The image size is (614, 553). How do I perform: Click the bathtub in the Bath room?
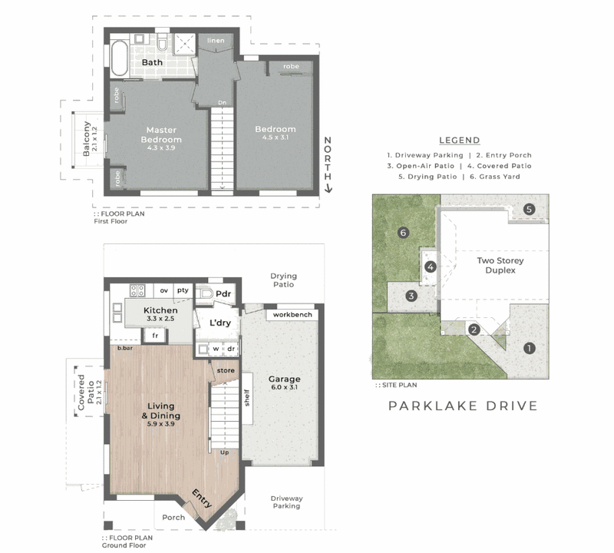[x=120, y=58]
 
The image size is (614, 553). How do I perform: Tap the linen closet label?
[x=216, y=41]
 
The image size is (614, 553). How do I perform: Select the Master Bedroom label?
[x=161, y=135]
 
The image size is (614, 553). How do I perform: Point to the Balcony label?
[x=87, y=139]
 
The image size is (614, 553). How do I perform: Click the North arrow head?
[x=328, y=189]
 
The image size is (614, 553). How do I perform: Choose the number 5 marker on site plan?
[x=529, y=209]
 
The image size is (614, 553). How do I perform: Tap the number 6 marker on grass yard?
[x=403, y=233]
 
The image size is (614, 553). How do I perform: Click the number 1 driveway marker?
[x=530, y=348]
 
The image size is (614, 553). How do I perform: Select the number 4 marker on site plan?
[x=431, y=267]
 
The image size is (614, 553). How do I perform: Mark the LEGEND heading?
[x=459, y=141]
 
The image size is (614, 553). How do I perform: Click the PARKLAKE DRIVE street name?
[x=463, y=406]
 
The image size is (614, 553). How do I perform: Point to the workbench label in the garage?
[x=292, y=315]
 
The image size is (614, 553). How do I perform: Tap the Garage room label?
[x=284, y=379]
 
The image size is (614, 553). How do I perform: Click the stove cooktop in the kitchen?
[x=137, y=290]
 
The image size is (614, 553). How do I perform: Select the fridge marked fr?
[x=155, y=336]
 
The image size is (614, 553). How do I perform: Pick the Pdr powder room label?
[x=223, y=294]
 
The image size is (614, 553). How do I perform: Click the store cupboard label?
[x=226, y=370]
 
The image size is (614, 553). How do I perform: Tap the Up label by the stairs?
[x=224, y=452]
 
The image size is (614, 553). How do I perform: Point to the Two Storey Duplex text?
[x=500, y=265]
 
